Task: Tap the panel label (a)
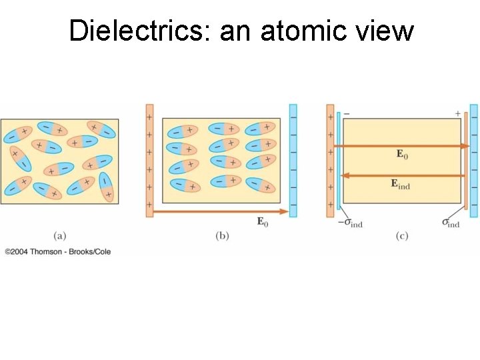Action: [59, 235]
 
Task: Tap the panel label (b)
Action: [221, 235]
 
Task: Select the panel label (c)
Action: [401, 235]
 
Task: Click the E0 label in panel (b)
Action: [263, 222]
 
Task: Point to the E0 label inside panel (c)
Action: [402, 155]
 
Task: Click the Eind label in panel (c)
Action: [400, 184]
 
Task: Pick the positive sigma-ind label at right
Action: [451, 223]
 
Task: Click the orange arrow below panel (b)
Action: [220, 212]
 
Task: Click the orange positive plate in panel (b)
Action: [149, 160]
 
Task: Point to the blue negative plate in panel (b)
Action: [293, 160]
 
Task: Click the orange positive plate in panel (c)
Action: [330, 160]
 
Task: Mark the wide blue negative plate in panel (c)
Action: [473, 160]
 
